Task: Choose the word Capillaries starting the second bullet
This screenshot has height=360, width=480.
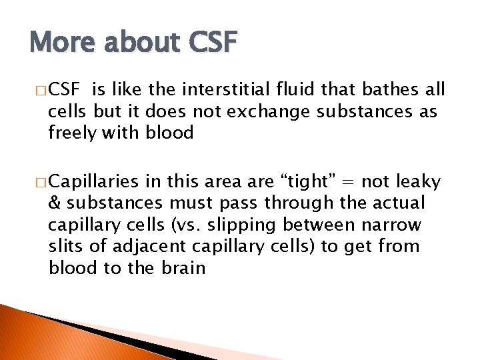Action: pyautogui.click(x=94, y=182)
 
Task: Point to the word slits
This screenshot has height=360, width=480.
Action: pyautogui.click(x=67, y=246)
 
